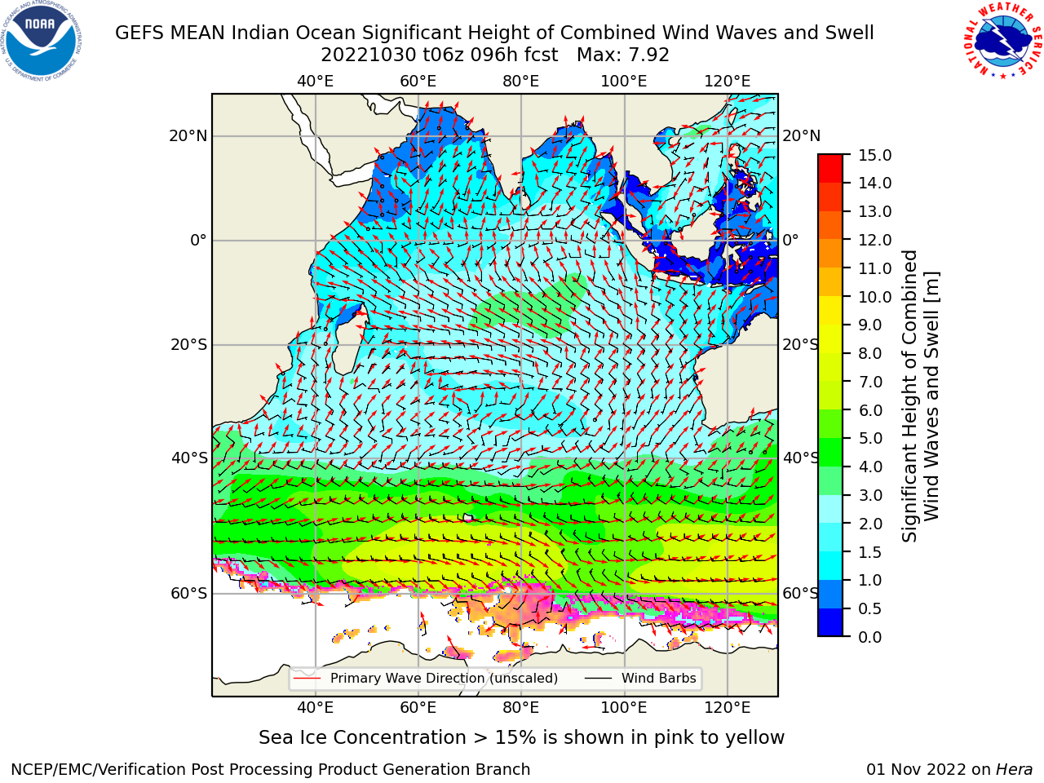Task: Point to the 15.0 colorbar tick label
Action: click(x=874, y=155)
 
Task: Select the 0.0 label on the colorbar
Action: click(x=870, y=637)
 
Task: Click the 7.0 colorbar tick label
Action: click(x=870, y=382)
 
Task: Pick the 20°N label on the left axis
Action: click(x=188, y=136)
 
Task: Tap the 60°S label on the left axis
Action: click(x=189, y=593)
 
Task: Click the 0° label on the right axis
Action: click(x=790, y=240)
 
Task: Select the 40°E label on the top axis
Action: click(x=315, y=82)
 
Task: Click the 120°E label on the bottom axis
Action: click(x=727, y=707)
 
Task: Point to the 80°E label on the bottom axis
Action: click(x=521, y=707)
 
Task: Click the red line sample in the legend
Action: click(x=307, y=678)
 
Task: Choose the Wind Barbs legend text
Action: click(x=659, y=678)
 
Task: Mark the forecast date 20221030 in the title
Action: click(x=369, y=55)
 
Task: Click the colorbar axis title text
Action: click(x=920, y=396)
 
